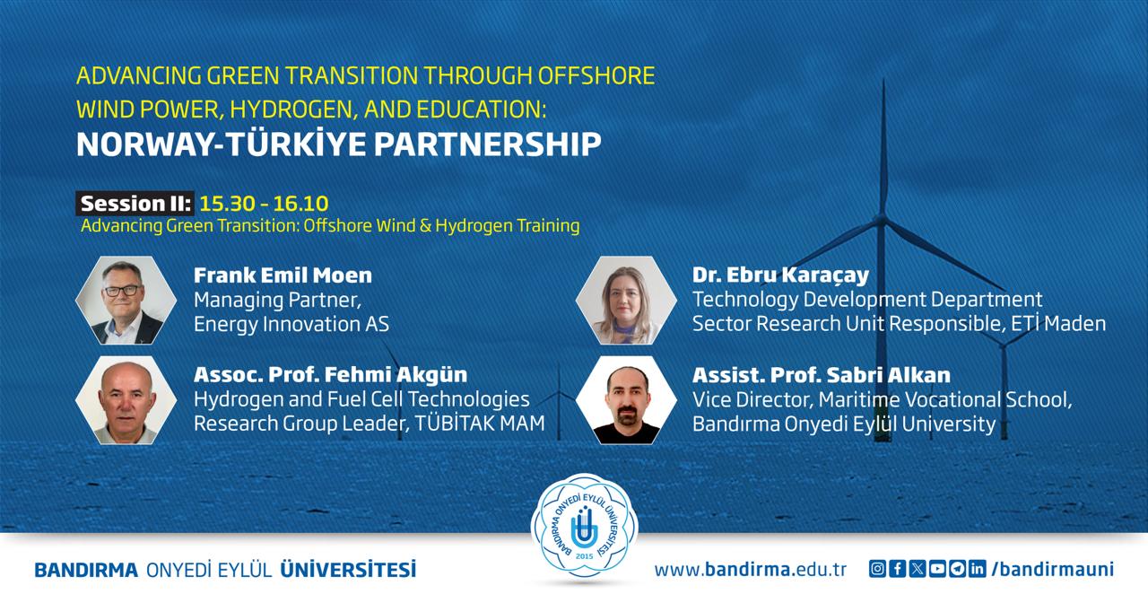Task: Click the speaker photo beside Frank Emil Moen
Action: tap(126, 301)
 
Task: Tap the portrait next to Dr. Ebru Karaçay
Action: tap(626, 301)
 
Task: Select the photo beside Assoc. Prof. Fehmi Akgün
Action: tap(126, 400)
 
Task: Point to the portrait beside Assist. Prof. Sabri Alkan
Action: tap(626, 400)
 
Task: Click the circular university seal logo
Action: tap(584, 529)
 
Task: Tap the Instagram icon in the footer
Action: tap(877, 569)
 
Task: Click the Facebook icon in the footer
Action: tap(898, 569)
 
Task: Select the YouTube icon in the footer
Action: tap(937, 569)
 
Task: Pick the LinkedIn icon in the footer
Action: tap(978, 569)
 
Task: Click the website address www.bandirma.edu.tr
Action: tap(751, 570)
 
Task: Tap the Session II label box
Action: tap(135, 204)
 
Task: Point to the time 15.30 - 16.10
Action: tap(264, 204)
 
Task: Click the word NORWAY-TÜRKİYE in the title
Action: tap(222, 144)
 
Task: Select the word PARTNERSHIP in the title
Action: tap(487, 145)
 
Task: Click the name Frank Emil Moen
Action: tap(283, 275)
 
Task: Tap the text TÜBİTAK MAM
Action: tap(480, 424)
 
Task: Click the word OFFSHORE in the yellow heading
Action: tap(596, 76)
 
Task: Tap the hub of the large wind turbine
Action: tap(882, 221)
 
